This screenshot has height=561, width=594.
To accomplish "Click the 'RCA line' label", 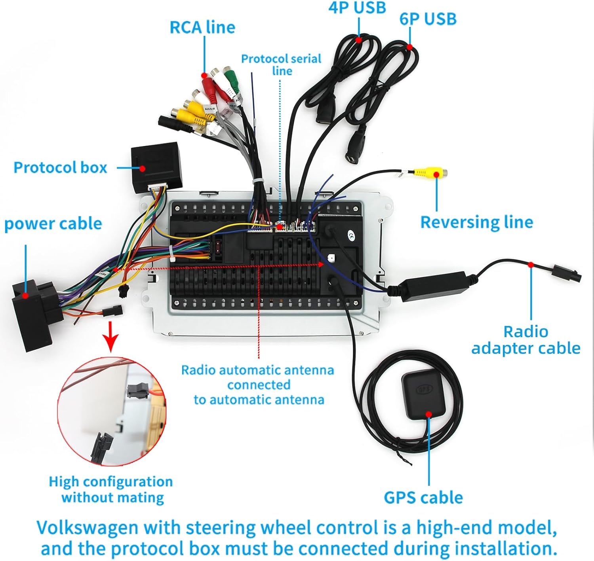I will pos(202,27).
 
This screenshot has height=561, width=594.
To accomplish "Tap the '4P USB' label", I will pos(357,8).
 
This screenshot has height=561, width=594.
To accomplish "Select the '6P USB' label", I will pos(428,19).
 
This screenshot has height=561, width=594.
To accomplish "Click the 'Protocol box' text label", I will pos(60,167).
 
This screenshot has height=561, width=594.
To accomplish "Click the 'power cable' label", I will pos(53,224).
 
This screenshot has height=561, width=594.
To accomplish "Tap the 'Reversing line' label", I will pos(476,222).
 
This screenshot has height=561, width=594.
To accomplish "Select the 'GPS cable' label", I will pos(423,498).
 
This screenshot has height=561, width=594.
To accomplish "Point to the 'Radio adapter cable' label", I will pos(525,340).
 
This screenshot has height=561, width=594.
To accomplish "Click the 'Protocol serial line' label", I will pos(281,64).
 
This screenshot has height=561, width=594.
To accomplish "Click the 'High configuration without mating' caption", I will pos(111,489).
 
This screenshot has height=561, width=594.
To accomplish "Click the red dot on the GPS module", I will pos(428,414).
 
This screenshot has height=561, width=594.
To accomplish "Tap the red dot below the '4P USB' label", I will pos(359,40).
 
